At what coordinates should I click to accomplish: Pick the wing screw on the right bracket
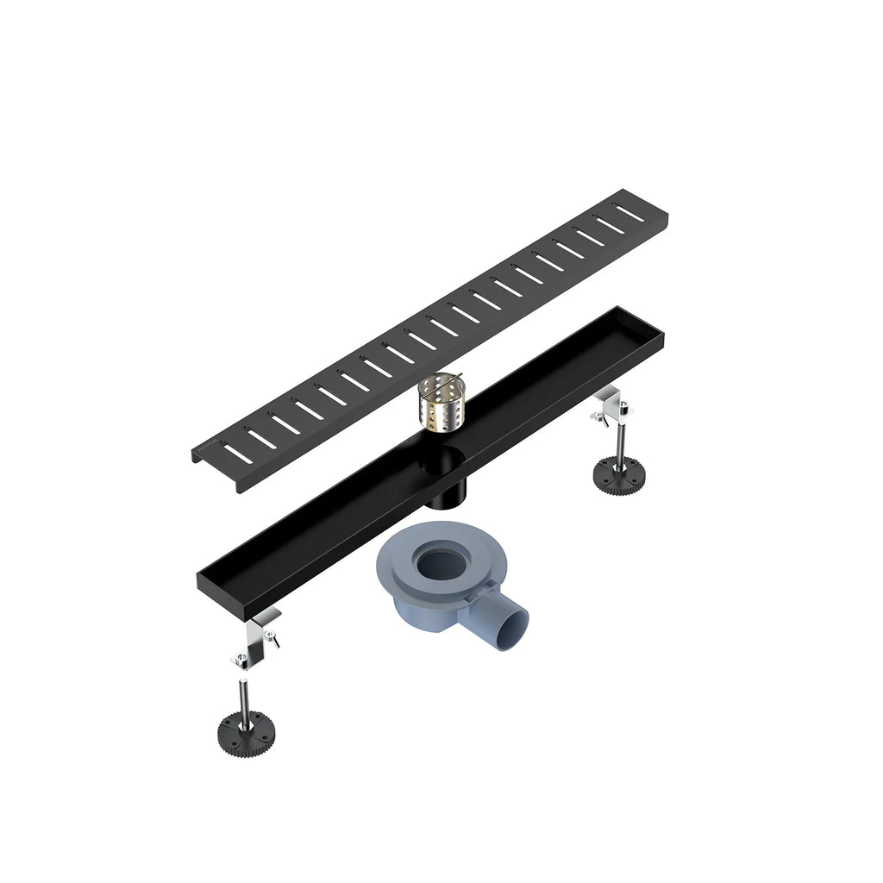click(x=597, y=418)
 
